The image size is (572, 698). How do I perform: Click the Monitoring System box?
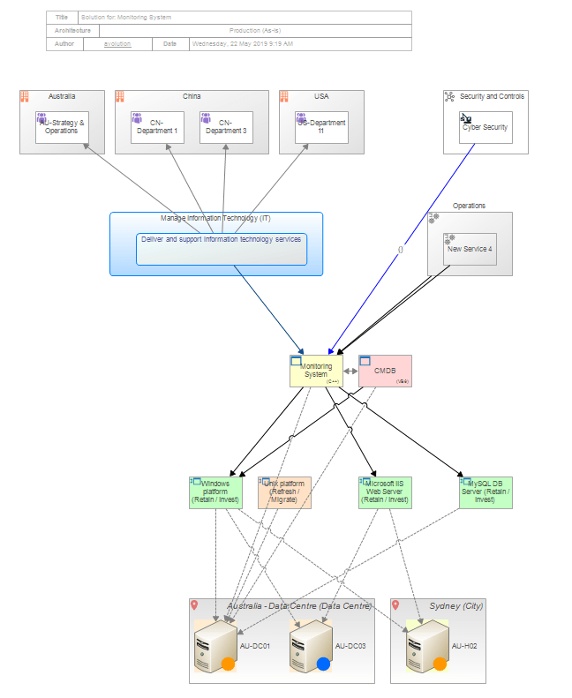pyautogui.click(x=315, y=371)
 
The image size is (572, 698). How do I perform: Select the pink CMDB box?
pyautogui.click(x=385, y=371)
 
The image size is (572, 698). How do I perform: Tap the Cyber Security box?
pyautogui.click(x=485, y=128)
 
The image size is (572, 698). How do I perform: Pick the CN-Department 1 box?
pyautogui.click(x=157, y=127)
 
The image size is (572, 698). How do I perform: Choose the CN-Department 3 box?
pyautogui.click(x=226, y=127)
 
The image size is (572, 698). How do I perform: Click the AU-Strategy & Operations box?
pyautogui.click(x=63, y=127)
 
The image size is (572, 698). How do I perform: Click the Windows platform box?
pyautogui.click(x=215, y=492)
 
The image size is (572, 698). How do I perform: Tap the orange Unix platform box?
pyautogui.click(x=284, y=492)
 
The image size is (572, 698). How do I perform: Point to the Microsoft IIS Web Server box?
pyautogui.click(x=385, y=492)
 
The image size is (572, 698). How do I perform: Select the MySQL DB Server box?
pyautogui.click(x=485, y=492)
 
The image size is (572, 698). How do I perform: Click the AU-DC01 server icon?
pyautogui.click(x=214, y=645)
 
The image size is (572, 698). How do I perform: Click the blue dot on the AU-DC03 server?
pyautogui.click(x=323, y=664)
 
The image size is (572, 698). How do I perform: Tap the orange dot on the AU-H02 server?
pyautogui.click(x=440, y=664)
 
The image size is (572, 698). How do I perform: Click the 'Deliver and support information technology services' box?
pyautogui.click(x=222, y=249)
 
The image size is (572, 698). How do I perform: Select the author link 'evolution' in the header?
pyautogui.click(x=117, y=43)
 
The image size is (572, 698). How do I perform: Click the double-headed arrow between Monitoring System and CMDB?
pyautogui.click(x=350, y=372)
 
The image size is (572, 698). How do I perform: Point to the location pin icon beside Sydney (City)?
pyautogui.click(x=395, y=605)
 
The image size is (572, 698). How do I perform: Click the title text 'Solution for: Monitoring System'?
pyautogui.click(x=126, y=17)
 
